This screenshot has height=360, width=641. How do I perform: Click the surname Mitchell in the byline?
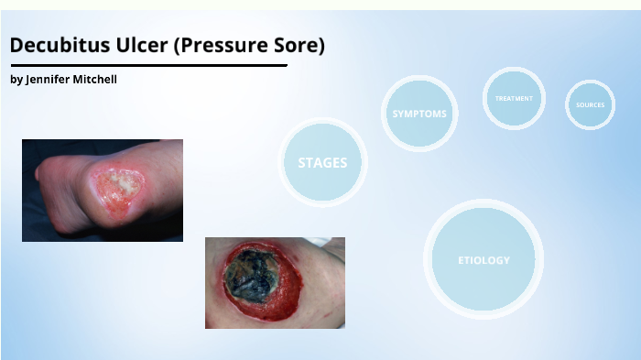[x=95, y=80]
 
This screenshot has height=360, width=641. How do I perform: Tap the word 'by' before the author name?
[x=16, y=80]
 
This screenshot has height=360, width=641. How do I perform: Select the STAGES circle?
[x=322, y=162]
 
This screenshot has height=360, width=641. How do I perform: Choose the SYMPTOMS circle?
[x=419, y=114]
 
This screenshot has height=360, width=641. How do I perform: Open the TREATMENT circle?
[x=514, y=98]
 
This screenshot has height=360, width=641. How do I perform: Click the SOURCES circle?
[x=590, y=104]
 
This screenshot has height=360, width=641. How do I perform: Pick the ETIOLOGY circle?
[x=483, y=259]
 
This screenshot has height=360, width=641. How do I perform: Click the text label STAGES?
[x=322, y=163]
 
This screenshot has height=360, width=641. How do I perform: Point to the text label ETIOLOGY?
[x=483, y=260]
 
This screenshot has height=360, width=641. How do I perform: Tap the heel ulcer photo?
[x=102, y=190]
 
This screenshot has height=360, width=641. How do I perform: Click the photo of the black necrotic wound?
[x=275, y=282]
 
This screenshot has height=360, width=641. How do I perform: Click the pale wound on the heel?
[x=118, y=190]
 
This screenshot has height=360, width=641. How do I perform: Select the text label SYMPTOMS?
[x=419, y=114]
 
